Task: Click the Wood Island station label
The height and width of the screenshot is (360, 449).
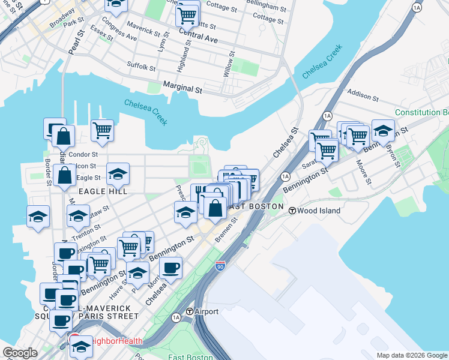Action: point(319,211)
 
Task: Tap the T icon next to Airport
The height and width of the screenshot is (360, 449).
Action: point(190,311)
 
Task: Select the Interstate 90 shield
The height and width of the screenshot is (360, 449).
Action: point(221,264)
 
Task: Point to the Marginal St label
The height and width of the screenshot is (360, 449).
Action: point(182,88)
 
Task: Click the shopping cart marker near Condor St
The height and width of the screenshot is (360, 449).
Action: point(103,130)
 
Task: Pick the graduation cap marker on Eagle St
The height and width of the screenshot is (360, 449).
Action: point(118,175)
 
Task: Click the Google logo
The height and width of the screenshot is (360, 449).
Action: point(20,353)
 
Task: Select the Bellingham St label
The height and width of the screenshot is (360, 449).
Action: point(266,7)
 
